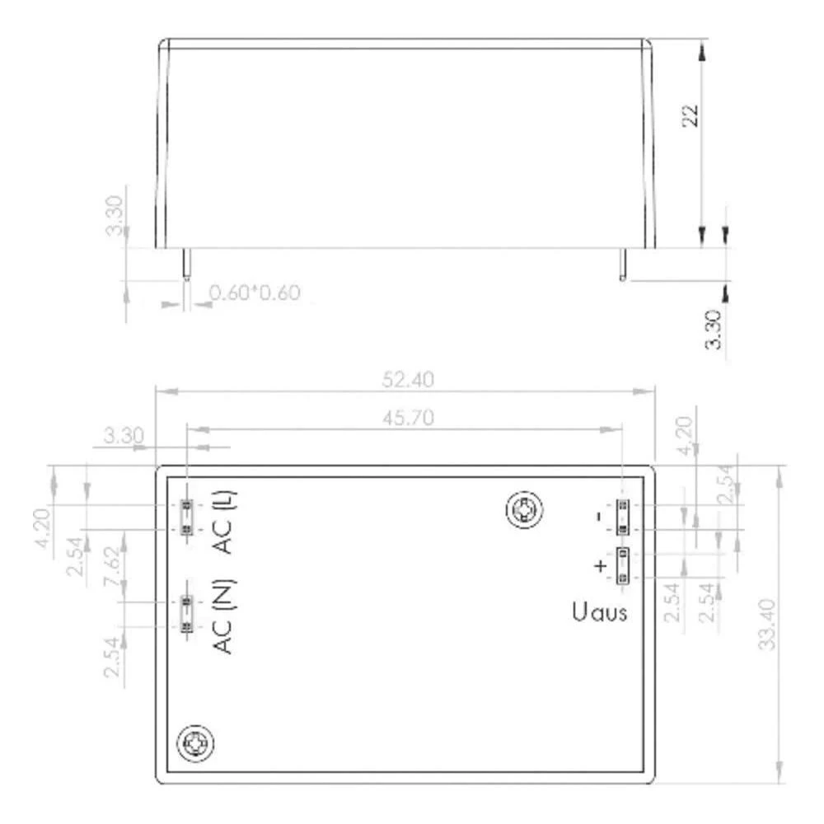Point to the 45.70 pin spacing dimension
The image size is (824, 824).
click(x=406, y=418)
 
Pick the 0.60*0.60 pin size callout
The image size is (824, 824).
click(x=255, y=293)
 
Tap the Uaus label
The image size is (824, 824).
click(x=599, y=612)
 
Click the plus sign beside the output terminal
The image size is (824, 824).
click(x=601, y=565)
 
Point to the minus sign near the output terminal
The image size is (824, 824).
click(x=599, y=517)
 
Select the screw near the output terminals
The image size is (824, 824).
click(x=524, y=511)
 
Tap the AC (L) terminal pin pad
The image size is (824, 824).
click(x=188, y=517)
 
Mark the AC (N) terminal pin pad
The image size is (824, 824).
click(x=188, y=614)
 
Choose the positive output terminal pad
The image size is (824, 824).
click(x=622, y=564)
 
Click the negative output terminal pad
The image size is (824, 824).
click(x=622, y=516)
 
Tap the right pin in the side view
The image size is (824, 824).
click(x=624, y=264)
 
